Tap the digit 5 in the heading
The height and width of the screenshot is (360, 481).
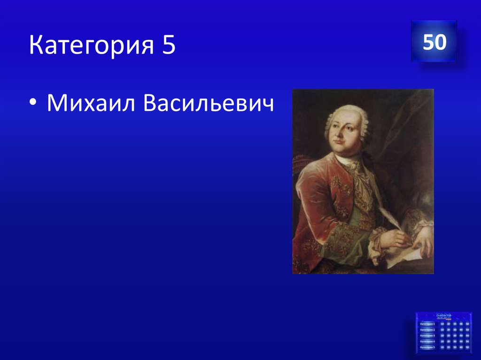(169, 46)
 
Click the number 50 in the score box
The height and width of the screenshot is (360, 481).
(434, 43)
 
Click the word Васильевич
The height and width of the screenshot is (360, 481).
(209, 102)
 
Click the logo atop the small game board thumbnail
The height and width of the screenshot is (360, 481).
(443, 316)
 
